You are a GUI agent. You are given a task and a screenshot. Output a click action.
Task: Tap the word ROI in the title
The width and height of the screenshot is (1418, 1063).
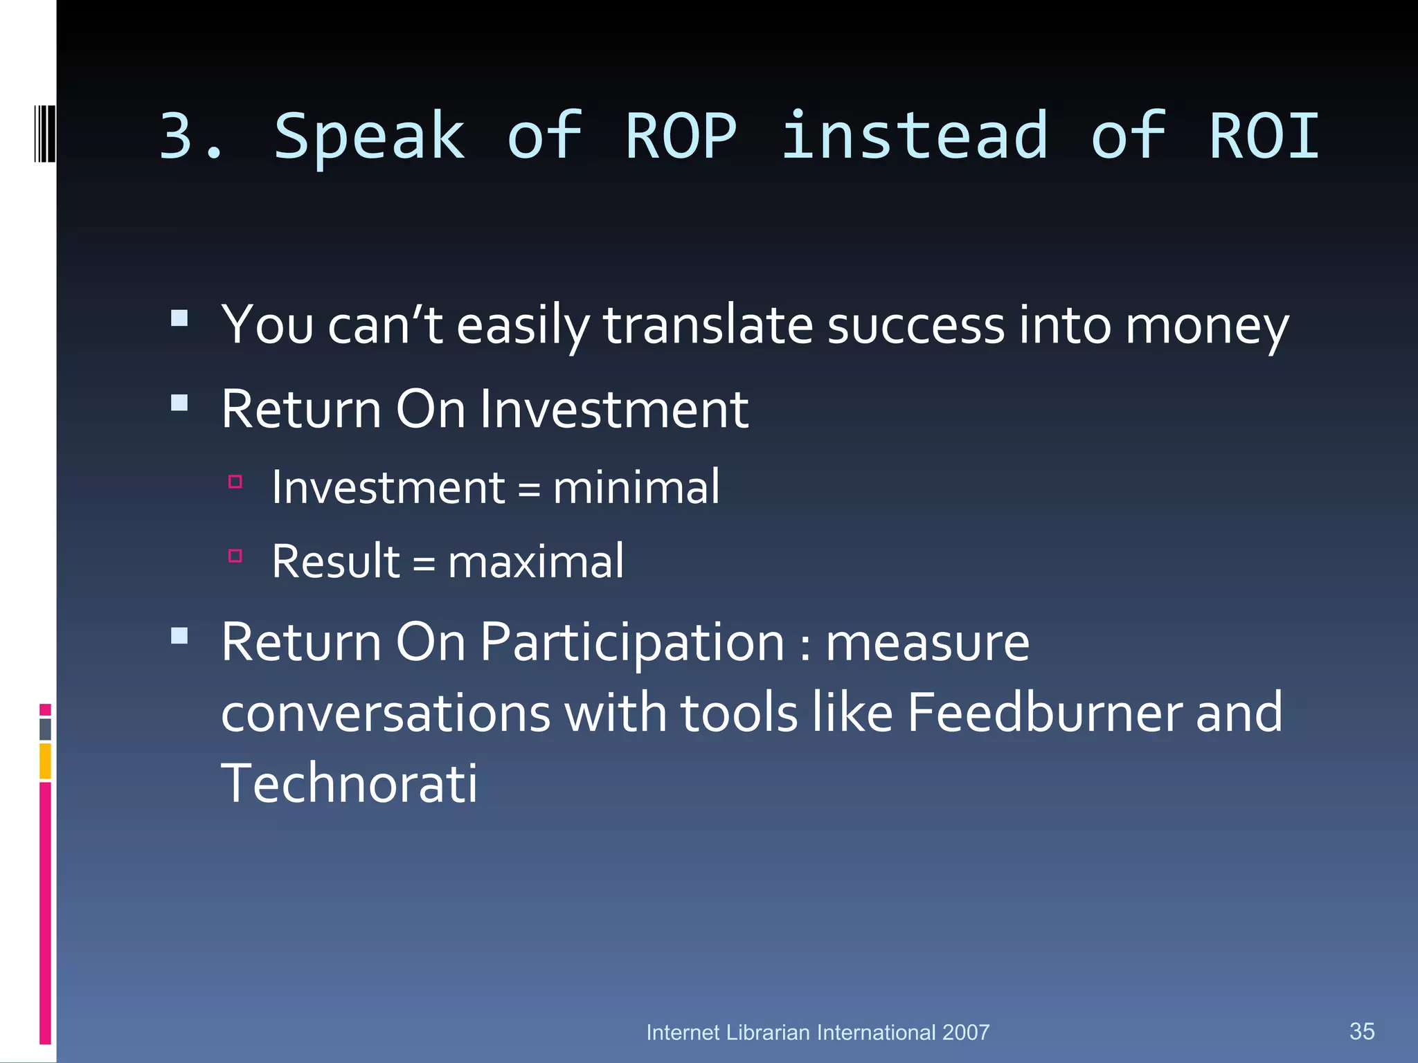point(1264,136)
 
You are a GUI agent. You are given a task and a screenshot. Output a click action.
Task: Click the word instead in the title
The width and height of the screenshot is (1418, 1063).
point(915,136)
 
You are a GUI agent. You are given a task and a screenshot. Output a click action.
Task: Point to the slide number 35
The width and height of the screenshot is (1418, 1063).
point(1362,1031)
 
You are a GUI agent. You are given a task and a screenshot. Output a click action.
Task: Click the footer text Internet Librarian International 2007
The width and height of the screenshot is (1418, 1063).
point(818,1033)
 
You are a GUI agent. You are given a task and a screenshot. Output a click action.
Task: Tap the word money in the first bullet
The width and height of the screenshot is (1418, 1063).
point(1206,325)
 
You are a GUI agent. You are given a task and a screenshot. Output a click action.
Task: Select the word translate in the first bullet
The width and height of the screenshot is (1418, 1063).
point(708,325)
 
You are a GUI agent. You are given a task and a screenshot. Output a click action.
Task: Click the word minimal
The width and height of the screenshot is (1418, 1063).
point(636,487)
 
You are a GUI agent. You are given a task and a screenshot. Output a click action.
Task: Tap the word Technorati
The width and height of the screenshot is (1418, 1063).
point(349,784)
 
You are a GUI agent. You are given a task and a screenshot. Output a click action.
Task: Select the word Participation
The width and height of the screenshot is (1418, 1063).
point(631,642)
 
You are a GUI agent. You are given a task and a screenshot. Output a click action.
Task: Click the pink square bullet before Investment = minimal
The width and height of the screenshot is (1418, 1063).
point(235,482)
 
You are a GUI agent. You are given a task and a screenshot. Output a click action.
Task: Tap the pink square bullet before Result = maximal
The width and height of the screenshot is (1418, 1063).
point(235,555)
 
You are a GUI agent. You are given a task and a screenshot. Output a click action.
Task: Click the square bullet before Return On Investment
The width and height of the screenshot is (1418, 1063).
point(179,403)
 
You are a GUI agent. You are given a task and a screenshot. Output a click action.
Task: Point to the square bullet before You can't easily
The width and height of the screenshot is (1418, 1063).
point(179,318)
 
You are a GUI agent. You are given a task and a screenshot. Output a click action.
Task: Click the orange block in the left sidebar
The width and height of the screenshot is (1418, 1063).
point(45,761)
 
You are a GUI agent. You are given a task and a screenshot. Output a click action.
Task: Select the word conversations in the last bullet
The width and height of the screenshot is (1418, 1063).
point(385,713)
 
